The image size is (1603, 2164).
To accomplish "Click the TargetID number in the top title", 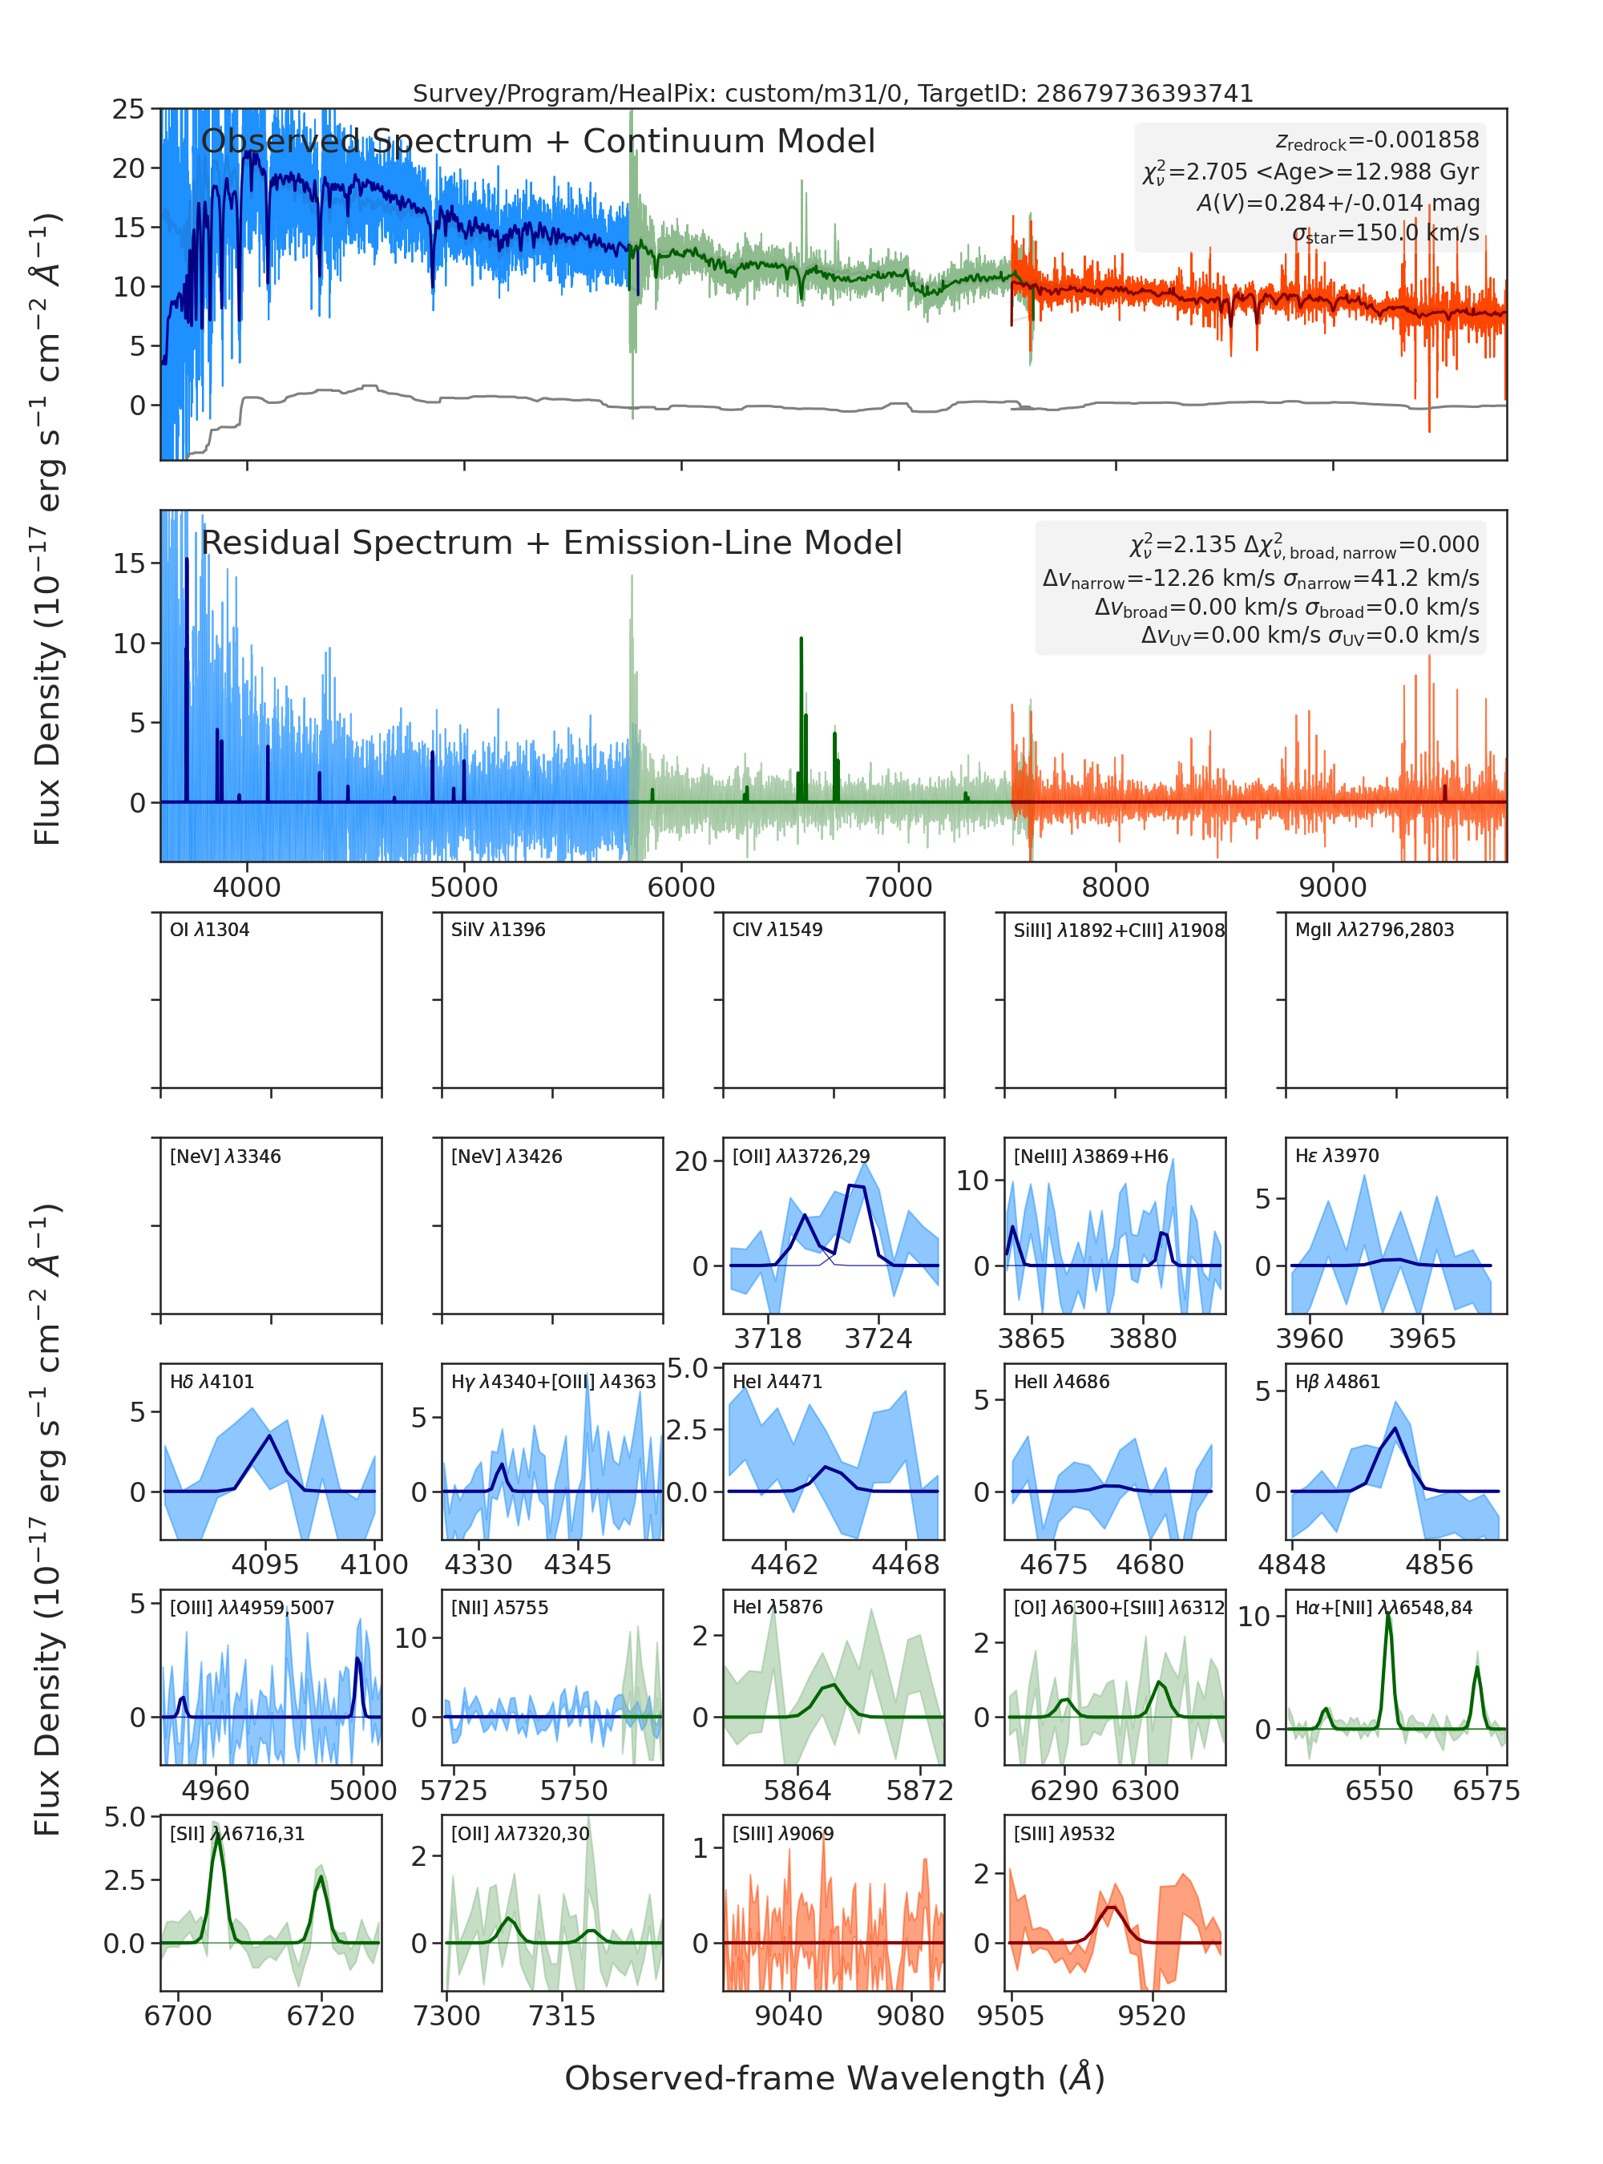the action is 1144,93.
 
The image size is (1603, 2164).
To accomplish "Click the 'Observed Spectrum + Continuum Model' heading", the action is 538,142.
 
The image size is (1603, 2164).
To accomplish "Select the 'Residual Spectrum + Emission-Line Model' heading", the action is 551,543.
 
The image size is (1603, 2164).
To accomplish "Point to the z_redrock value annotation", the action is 1377,141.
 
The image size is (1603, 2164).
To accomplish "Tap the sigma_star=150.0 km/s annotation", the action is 1386,233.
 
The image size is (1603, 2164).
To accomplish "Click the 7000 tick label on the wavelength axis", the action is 898,887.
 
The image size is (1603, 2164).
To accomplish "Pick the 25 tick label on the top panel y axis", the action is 128,109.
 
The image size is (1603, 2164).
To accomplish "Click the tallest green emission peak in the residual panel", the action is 801,639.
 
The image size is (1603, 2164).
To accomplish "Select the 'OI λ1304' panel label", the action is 210,930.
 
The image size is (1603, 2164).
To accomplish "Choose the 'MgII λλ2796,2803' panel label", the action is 1374,930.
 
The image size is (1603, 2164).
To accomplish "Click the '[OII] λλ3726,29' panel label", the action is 801,1157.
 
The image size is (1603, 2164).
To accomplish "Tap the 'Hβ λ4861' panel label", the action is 1337,1382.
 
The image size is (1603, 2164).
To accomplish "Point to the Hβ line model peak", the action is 1395,1427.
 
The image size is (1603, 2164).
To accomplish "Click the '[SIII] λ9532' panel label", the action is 1064,1833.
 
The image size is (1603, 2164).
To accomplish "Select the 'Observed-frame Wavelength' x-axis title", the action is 834,2077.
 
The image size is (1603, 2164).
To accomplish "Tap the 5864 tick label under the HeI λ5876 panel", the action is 797,1791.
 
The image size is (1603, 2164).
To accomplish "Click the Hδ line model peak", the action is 271,1435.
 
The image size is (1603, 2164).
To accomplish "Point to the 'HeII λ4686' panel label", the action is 1061,1382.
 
